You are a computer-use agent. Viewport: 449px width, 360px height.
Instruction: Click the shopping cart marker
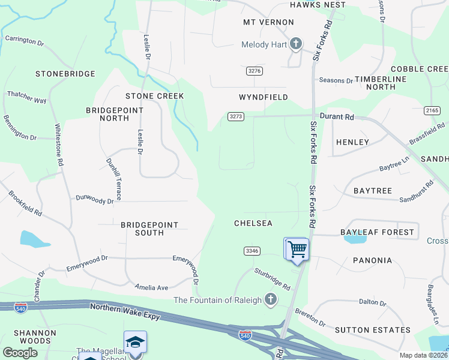pyautogui.click(x=297, y=249)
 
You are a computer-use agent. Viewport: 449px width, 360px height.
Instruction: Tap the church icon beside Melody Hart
pyautogui.click(x=296, y=44)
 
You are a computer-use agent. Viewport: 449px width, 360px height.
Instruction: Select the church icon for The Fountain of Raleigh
pyautogui.click(x=271, y=299)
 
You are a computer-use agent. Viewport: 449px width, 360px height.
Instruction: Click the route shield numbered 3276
pyautogui.click(x=255, y=71)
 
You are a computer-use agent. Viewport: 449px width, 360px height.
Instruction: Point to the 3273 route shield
pyautogui.click(x=236, y=116)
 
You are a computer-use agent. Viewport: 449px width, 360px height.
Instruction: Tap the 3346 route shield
pyautogui.click(x=252, y=251)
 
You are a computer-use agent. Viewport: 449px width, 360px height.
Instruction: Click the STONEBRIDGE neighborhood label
pyautogui.click(x=65, y=74)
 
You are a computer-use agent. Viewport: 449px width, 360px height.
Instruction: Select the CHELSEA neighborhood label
pyautogui.click(x=253, y=223)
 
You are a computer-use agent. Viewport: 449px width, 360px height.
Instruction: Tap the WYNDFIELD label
pyautogui.click(x=264, y=97)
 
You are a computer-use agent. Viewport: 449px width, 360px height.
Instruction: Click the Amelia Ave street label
pyautogui.click(x=151, y=287)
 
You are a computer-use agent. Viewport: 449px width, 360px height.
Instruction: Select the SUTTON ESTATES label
pyautogui.click(x=364, y=330)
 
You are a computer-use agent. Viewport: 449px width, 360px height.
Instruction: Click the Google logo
pyautogui.click(x=20, y=352)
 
